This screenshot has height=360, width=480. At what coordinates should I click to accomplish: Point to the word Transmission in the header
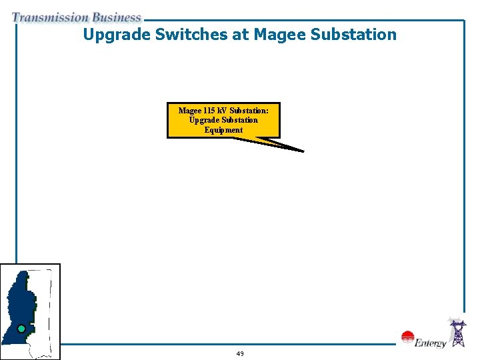click(50, 18)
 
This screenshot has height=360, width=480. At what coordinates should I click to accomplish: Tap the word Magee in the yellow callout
click(190, 110)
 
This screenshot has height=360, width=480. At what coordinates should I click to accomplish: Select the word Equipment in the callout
click(224, 130)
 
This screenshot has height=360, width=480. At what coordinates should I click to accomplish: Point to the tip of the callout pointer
click(303, 151)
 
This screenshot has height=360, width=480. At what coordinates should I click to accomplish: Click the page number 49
click(240, 353)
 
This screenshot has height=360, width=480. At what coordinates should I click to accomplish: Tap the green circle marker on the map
click(21, 329)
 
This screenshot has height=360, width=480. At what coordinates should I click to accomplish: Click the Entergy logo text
click(430, 344)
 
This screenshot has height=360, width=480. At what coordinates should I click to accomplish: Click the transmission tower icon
click(458, 333)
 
